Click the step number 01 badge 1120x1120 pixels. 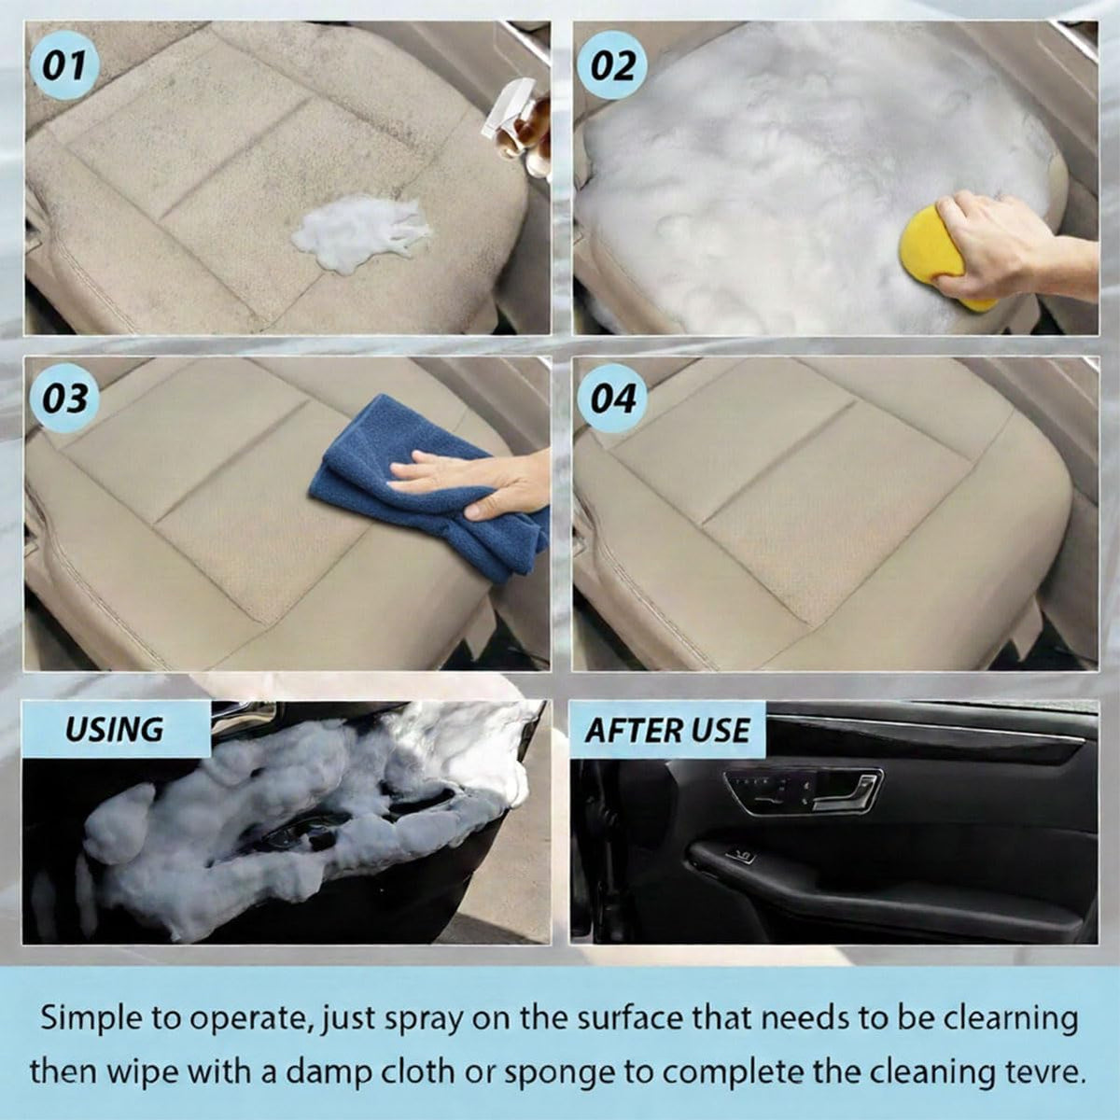(x=64, y=64)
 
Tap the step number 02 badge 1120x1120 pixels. (x=612, y=64)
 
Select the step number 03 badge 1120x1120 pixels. (x=64, y=399)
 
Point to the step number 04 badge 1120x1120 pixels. (x=612, y=399)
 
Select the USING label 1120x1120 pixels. (x=115, y=729)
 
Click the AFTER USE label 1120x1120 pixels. (x=667, y=730)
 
